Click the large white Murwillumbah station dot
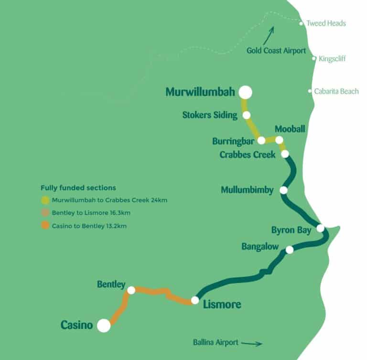point(246,92)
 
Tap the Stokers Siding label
point(210,115)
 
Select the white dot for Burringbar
point(261,141)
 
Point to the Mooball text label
point(290,129)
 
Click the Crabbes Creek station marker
point(285,154)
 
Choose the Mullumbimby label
point(247,190)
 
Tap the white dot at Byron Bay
point(320,228)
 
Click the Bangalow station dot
point(289,250)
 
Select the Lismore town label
point(222,304)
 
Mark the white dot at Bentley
point(131,290)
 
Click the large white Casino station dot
point(104,326)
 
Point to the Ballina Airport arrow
point(252,343)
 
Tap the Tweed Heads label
point(326,23)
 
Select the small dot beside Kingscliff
point(314,58)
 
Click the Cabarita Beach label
point(336,91)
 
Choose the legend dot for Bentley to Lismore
point(45,213)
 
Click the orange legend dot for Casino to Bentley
point(45,225)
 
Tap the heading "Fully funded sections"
point(78,188)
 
